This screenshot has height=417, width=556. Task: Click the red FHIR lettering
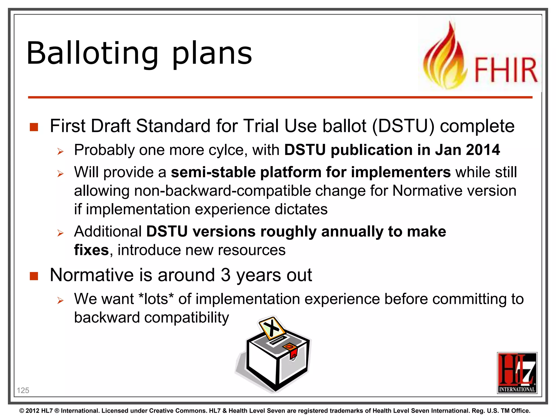(x=506, y=70)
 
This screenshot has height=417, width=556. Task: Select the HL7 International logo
(x=517, y=373)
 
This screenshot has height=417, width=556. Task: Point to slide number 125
(x=23, y=390)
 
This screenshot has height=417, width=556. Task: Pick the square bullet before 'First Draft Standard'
(x=34, y=127)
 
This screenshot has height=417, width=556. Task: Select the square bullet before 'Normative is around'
(x=34, y=276)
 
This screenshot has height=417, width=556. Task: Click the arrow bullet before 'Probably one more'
(x=60, y=151)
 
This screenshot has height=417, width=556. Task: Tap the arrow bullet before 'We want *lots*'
(x=60, y=300)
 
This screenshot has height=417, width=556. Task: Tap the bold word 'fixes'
(x=91, y=250)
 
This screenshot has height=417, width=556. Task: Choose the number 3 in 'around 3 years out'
(x=225, y=275)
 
